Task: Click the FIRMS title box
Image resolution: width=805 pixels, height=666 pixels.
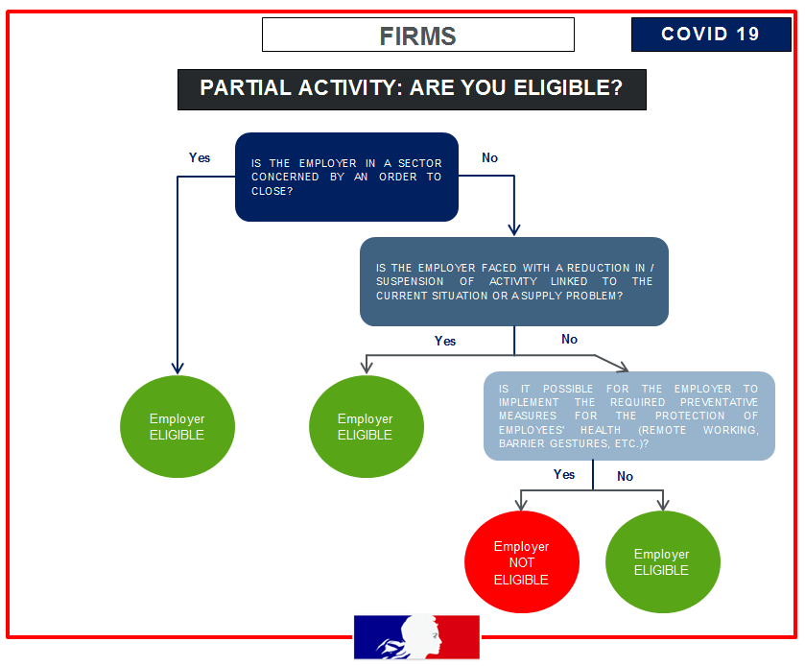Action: click(x=417, y=36)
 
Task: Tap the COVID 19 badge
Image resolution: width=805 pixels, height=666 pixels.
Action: click(x=710, y=35)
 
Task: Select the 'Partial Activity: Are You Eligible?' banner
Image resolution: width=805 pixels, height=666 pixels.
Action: click(x=411, y=88)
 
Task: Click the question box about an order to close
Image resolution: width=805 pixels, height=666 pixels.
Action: click(x=346, y=177)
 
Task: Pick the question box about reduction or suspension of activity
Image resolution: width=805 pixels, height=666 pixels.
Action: click(x=513, y=281)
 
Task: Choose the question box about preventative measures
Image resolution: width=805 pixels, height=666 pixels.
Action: click(x=628, y=416)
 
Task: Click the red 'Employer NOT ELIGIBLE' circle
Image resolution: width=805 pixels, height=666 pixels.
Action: click(x=521, y=562)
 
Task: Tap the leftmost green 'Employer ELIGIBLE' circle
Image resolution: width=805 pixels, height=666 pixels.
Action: click(x=177, y=426)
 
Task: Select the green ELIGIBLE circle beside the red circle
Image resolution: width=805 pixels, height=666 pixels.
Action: click(x=662, y=561)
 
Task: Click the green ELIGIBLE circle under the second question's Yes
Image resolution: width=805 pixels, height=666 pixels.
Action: click(x=366, y=426)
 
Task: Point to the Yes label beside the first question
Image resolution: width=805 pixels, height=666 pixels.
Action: click(x=200, y=157)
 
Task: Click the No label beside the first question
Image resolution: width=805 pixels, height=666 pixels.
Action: click(x=489, y=157)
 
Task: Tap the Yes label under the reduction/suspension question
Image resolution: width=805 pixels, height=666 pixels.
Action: click(x=445, y=341)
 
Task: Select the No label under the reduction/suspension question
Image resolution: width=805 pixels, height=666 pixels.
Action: click(x=569, y=339)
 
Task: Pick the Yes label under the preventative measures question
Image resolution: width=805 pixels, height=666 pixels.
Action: click(x=564, y=474)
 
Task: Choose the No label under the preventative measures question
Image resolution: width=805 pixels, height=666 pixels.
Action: click(x=625, y=476)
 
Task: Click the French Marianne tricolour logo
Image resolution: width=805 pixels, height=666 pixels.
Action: click(x=416, y=636)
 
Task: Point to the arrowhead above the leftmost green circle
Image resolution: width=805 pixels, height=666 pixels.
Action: click(x=177, y=367)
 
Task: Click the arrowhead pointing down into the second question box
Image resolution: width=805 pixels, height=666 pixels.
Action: click(x=513, y=229)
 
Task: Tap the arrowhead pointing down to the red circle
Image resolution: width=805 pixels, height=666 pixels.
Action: click(x=521, y=503)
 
